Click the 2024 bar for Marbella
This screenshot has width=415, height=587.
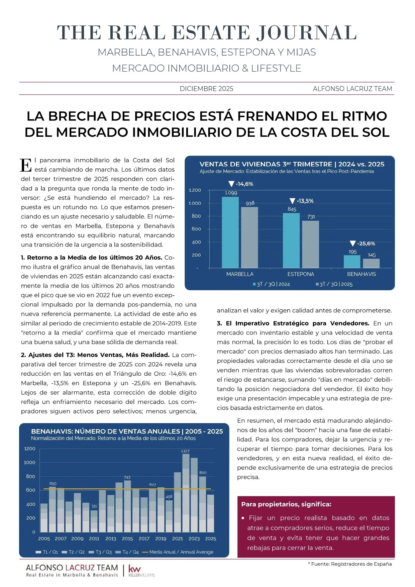coord(230,232)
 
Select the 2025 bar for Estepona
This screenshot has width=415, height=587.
coord(310,244)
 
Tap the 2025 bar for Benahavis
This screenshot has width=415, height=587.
coord(371,263)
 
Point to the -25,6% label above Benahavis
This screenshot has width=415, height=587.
coord(363,243)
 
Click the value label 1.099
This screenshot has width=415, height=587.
coord(231,193)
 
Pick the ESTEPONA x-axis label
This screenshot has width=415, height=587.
coord(301,274)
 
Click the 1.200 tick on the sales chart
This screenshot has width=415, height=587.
coord(195,190)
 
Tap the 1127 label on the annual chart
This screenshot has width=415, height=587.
coord(185,451)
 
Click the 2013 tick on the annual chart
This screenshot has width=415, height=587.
coord(111,539)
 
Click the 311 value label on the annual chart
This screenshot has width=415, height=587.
coord(94,506)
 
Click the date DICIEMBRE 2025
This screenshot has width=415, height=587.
coord(206,89)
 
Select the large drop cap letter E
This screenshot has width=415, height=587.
coord(26,165)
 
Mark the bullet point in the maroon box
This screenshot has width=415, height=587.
coord(243,518)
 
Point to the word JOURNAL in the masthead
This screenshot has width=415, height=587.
coord(307,33)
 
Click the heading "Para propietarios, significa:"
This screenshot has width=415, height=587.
coord(286,504)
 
